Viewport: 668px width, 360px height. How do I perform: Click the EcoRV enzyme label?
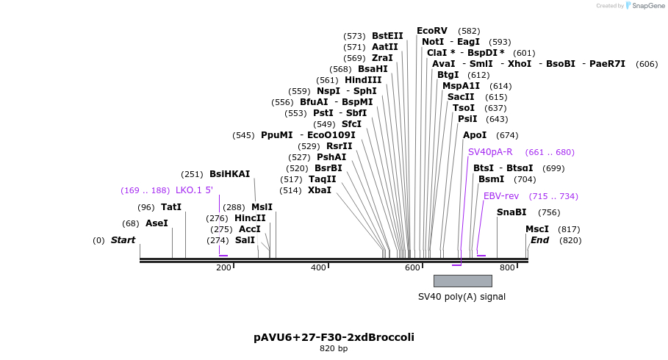pos(431,31)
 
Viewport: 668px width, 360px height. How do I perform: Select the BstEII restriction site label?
pos(387,36)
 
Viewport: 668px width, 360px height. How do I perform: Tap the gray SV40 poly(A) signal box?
pos(462,281)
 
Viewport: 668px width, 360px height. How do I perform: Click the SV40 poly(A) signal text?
pos(462,297)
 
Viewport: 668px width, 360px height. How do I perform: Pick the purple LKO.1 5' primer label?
pos(194,190)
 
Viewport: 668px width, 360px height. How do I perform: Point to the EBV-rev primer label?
pos(501,196)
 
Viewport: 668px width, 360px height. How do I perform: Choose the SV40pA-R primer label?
pos(490,152)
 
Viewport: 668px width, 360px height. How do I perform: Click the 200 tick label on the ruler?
pos(223,267)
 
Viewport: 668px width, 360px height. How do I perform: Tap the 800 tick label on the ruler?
pos(507,267)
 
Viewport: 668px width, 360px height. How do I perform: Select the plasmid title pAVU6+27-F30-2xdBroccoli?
pos(334,337)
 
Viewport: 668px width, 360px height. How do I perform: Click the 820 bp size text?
pos(334,348)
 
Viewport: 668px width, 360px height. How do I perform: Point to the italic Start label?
pos(123,240)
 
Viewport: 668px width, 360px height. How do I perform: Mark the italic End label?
pos(540,240)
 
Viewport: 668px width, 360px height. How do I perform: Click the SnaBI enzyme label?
pos(511,212)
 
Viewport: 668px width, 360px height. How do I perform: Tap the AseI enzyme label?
pos(157,223)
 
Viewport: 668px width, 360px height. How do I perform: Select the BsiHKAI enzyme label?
pos(229,174)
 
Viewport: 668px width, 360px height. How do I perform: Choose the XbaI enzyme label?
pos(320,190)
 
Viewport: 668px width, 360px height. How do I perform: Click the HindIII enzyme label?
pos(363,80)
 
